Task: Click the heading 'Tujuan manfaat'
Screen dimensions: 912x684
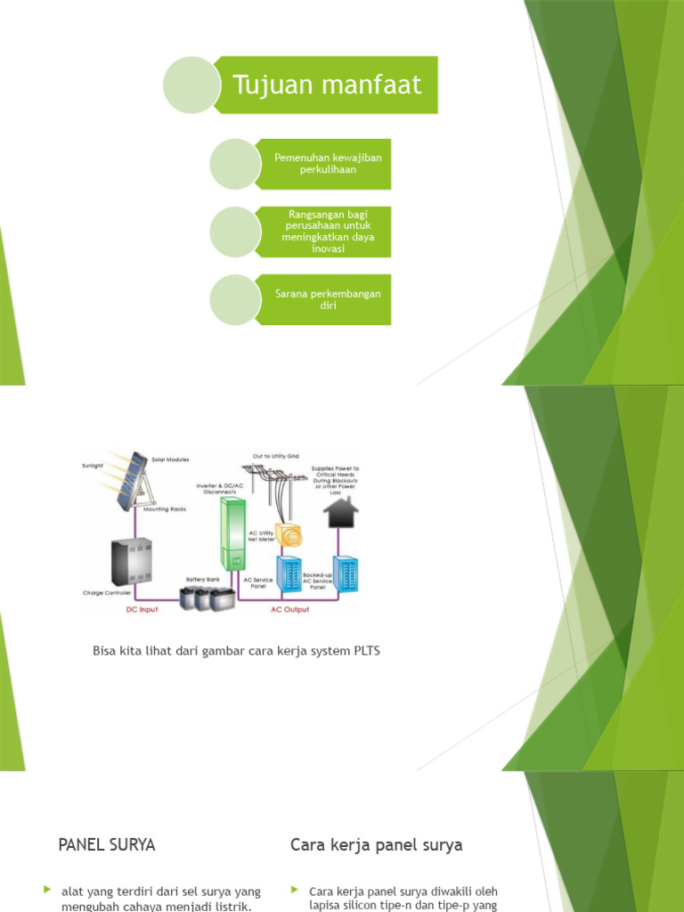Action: coord(326,85)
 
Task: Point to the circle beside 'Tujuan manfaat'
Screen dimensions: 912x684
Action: coord(191,85)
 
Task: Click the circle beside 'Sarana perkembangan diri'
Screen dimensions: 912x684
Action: coord(234,299)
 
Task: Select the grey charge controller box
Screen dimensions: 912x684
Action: coord(131,562)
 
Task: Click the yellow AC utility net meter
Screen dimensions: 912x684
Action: coord(289,534)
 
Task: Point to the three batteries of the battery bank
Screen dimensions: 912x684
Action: coord(202,597)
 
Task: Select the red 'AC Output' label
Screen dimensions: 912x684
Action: coord(289,610)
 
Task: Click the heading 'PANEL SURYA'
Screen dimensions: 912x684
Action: coord(107,845)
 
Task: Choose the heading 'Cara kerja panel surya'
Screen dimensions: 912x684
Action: coord(377,845)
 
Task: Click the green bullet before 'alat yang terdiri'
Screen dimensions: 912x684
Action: coord(48,890)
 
